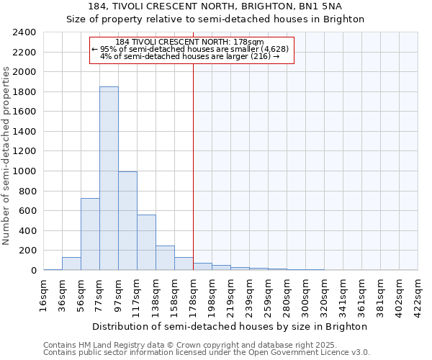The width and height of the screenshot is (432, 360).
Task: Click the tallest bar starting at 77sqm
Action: coord(109,179)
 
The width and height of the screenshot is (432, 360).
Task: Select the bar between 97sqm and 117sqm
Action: coord(127,220)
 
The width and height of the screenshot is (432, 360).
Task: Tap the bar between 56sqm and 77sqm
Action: coord(90,234)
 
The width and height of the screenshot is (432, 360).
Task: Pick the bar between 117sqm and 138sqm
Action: coord(146,242)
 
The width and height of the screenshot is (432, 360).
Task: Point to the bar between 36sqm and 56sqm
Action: coord(71,264)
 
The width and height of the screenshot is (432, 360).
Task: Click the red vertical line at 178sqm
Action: coord(193,166)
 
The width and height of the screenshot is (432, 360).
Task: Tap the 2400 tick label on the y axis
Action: coord(24,33)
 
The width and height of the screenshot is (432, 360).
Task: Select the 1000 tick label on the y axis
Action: coord(24,171)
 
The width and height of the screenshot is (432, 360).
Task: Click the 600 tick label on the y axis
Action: coord(27,211)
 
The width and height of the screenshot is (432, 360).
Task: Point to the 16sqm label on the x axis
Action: coord(43,295)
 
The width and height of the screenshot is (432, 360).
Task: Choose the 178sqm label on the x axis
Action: coord(193,295)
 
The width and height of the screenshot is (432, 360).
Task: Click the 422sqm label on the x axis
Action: coord(418,295)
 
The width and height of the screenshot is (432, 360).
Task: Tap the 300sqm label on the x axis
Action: coord(305,295)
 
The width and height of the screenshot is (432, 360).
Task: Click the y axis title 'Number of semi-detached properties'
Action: coord(7,156)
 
